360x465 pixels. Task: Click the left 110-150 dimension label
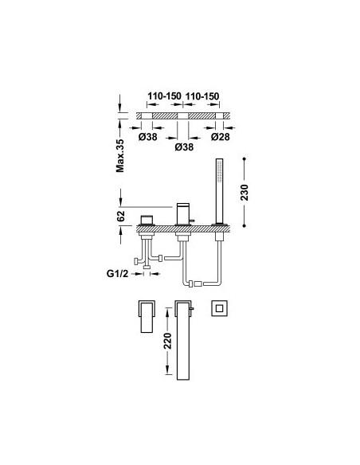tap(164, 96)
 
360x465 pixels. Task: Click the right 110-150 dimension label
tap(202, 96)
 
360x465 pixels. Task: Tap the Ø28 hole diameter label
tap(221, 137)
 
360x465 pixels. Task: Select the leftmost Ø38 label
tap(147, 137)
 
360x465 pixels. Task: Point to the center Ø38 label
tap(184, 147)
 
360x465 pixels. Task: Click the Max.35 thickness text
tap(120, 156)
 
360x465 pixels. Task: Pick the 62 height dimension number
tap(121, 216)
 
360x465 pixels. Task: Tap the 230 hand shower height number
tap(245, 192)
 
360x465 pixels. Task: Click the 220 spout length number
tap(168, 341)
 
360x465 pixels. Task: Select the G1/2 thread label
tap(117, 273)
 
